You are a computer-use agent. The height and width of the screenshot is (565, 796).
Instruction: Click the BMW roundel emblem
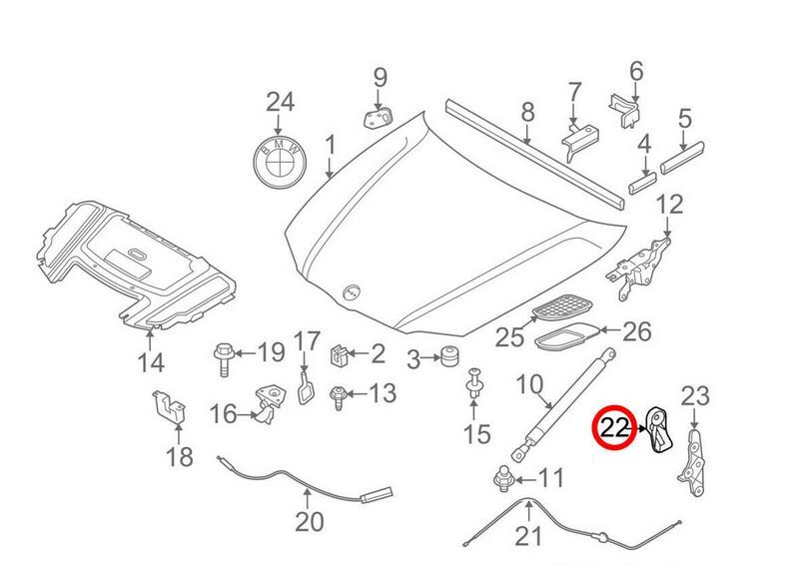[281, 162]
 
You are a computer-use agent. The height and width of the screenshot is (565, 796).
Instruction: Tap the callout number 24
[281, 102]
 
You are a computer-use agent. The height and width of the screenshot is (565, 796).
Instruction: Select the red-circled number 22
[614, 428]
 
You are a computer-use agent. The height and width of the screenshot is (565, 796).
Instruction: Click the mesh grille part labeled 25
[562, 306]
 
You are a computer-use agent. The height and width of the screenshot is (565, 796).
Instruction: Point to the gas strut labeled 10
[562, 404]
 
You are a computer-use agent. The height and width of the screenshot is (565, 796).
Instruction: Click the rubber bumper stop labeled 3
[448, 356]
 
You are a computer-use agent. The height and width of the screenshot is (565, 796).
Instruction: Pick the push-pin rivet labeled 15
[474, 383]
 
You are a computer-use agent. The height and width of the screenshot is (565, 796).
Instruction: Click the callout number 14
[151, 362]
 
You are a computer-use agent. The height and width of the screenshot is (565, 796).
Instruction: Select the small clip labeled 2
[339, 354]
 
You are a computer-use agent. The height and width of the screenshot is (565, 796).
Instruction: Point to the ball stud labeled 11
[504, 479]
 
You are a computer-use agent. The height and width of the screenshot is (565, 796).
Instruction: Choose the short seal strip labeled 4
[642, 183]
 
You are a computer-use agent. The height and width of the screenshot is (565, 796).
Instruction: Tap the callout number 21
[528, 536]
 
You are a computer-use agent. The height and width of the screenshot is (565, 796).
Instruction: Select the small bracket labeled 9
[379, 118]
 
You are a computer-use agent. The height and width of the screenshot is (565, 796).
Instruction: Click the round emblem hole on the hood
[351, 292]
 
